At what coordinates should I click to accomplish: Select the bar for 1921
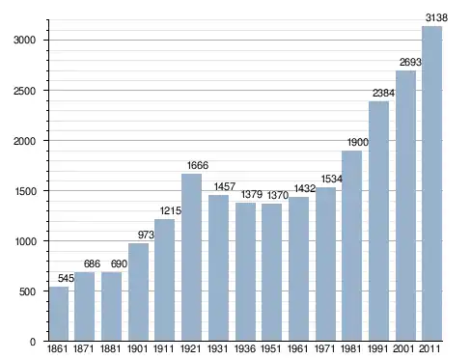(191, 258)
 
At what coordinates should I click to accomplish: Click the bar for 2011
(431, 183)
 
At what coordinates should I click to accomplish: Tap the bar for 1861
(59, 314)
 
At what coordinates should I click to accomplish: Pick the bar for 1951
(271, 272)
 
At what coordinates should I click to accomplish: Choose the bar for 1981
(351, 246)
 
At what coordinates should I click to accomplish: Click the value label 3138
(436, 17)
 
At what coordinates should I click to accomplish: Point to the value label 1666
(198, 165)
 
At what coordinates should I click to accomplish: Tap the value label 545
(66, 278)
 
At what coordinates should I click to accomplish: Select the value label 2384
(383, 93)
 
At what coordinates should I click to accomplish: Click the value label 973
(146, 235)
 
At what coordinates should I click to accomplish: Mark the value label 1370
(278, 195)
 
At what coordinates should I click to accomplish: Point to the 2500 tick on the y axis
(24, 91)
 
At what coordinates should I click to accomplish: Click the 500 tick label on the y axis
(27, 291)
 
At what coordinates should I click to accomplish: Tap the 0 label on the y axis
(33, 342)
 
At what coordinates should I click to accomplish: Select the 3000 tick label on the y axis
(24, 41)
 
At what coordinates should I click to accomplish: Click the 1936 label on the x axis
(245, 348)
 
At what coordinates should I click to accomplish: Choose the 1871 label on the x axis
(84, 348)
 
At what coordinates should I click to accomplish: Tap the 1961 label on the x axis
(297, 348)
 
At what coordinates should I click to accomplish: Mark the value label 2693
(410, 62)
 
